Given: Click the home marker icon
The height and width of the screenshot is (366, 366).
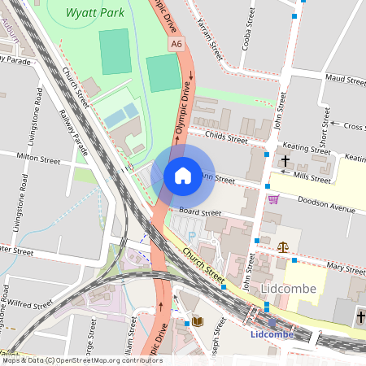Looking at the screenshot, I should [x=183, y=174].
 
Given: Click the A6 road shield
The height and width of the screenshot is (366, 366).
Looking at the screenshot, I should [x=176, y=44].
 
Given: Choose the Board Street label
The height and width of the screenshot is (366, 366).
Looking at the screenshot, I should [x=200, y=211].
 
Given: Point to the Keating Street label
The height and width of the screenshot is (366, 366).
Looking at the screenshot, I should [x=310, y=147].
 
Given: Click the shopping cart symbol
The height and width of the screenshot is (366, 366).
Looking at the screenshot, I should [x=273, y=199].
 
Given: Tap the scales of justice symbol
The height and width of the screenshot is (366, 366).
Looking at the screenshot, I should [x=282, y=245].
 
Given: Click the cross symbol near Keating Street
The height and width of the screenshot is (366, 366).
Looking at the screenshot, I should [x=285, y=162].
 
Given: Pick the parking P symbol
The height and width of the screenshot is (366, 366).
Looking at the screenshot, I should [x=193, y=235].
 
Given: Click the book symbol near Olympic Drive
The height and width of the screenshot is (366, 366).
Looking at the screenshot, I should [x=196, y=321].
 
